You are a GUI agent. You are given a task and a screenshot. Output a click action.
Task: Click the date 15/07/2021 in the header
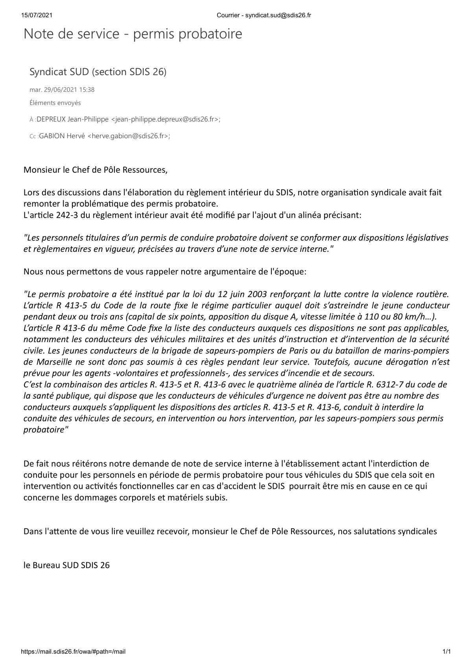pyautogui.click(x=37, y=15)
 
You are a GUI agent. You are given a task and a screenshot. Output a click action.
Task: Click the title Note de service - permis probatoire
pyautogui.click(x=133, y=34)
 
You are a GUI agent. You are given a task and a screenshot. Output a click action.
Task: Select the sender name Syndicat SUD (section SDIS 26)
pyautogui.click(x=98, y=72)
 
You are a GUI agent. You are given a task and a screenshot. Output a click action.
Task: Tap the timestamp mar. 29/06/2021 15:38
pyautogui.click(x=62, y=90)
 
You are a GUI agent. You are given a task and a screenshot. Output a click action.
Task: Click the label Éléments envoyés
pyautogui.click(x=55, y=103)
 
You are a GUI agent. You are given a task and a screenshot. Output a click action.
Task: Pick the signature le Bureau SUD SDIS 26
pyautogui.click(x=66, y=565)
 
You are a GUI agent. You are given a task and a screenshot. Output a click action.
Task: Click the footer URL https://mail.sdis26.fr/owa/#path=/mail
pyautogui.click(x=73, y=652)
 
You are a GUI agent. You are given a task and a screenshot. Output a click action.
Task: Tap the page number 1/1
pyautogui.click(x=446, y=652)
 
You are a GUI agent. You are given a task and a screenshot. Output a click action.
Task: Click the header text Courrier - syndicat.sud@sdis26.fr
pyautogui.click(x=264, y=15)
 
